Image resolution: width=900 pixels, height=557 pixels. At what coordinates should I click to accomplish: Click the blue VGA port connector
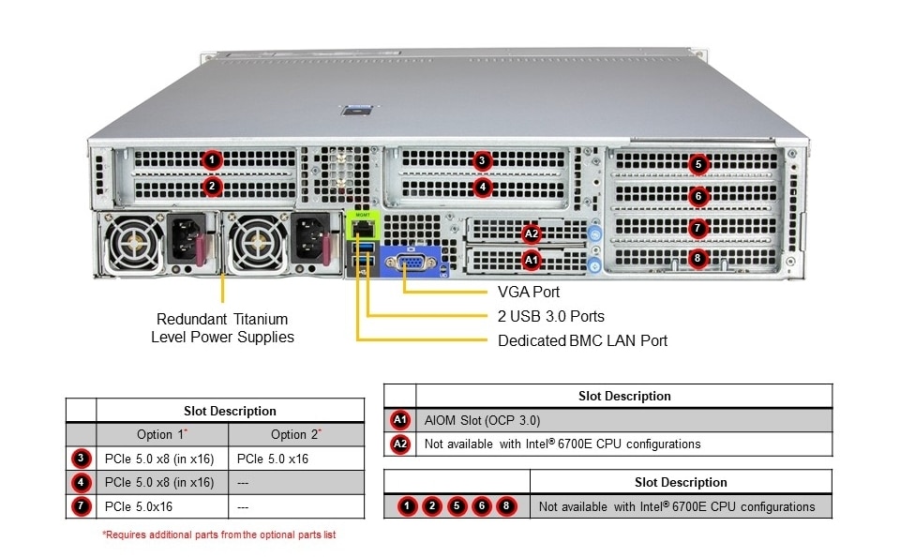(x=411, y=263)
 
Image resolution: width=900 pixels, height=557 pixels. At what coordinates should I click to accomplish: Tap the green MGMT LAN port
(x=363, y=225)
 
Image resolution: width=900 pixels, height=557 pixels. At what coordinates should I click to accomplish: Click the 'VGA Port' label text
(x=529, y=293)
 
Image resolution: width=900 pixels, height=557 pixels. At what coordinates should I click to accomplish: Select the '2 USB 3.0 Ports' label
(x=551, y=316)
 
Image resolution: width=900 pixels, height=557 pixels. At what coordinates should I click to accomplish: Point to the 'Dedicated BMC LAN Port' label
(x=582, y=340)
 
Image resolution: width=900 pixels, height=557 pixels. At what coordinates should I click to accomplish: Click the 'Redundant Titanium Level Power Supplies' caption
(x=222, y=328)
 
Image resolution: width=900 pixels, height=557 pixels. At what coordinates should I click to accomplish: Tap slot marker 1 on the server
(x=213, y=160)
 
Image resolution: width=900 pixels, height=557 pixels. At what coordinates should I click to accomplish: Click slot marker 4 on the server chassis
(x=482, y=187)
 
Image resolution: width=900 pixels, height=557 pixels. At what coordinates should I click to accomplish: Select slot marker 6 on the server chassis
(x=697, y=196)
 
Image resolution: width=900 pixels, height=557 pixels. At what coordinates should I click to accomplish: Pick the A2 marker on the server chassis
(x=532, y=233)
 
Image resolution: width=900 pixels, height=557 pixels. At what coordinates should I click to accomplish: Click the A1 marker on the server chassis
(x=532, y=258)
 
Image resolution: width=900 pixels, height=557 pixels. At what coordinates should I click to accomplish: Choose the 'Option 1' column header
(x=162, y=434)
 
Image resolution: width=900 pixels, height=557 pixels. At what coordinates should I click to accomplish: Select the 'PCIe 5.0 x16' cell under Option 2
(x=273, y=459)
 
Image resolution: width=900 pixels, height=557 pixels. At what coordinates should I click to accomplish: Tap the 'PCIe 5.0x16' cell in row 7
(x=139, y=506)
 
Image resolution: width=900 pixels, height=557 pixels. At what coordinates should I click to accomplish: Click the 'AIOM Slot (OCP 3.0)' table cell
(x=483, y=419)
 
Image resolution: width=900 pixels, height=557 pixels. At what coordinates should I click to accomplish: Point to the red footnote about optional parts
(x=218, y=534)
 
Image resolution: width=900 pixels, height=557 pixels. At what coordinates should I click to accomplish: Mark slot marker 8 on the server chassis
(x=697, y=258)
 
